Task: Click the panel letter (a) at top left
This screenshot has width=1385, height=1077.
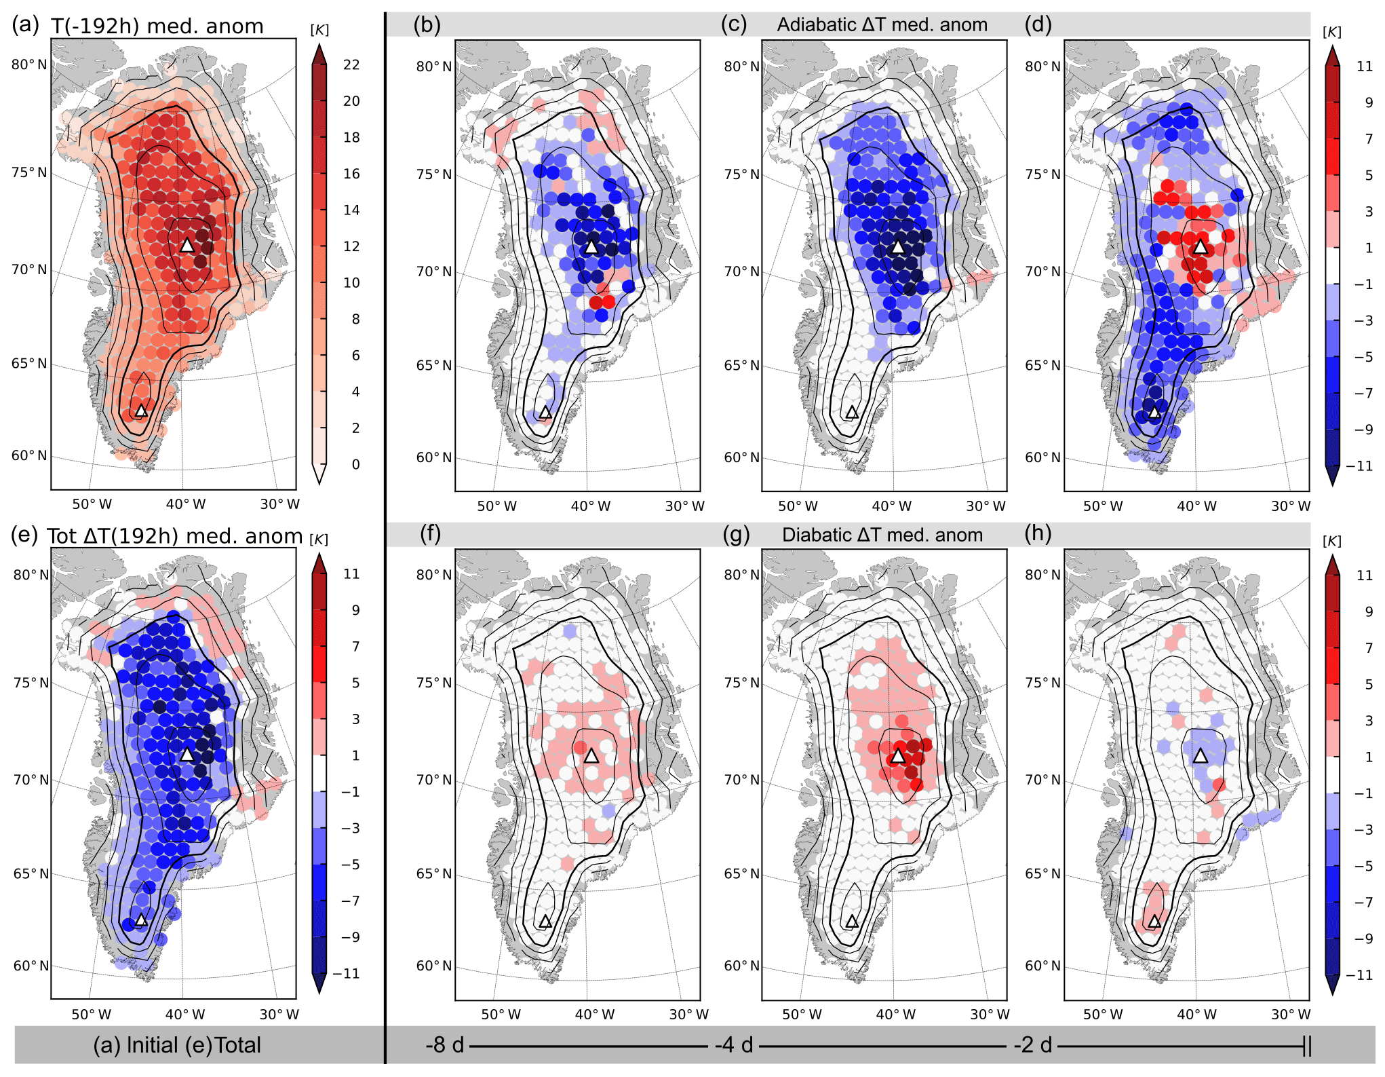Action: pyautogui.click(x=25, y=25)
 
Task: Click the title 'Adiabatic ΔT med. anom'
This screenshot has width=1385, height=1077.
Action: pyautogui.click(x=882, y=25)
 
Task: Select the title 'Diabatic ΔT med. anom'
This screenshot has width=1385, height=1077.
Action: pyautogui.click(x=882, y=535)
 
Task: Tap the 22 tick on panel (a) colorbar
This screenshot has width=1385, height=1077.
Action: pyautogui.click(x=351, y=64)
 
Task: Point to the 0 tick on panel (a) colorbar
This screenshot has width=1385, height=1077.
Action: pyautogui.click(x=355, y=465)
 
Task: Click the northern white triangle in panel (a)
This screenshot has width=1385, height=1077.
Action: pyautogui.click(x=187, y=245)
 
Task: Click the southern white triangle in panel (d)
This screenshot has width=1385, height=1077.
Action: pyautogui.click(x=1154, y=412)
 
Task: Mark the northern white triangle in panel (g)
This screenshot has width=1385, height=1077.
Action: pyautogui.click(x=898, y=755)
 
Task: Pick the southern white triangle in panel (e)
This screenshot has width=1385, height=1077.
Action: pyautogui.click(x=141, y=920)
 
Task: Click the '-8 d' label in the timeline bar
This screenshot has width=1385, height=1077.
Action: pyautogui.click(x=445, y=1045)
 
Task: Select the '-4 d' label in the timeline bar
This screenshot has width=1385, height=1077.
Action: pyautogui.click(x=734, y=1045)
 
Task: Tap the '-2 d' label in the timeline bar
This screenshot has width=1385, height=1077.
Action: pyautogui.click(x=1032, y=1045)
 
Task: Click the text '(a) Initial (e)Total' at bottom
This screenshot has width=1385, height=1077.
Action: pyautogui.click(x=177, y=1045)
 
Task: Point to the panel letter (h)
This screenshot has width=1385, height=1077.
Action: pyautogui.click(x=1038, y=533)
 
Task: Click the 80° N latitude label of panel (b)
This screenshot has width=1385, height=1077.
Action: pyautogui.click(x=433, y=67)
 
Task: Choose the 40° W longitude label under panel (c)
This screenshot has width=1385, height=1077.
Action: pyautogui.click(x=891, y=506)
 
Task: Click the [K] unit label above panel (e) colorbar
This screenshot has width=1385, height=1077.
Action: pyautogui.click(x=319, y=540)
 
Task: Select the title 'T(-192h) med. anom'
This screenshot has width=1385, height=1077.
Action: pyautogui.click(x=157, y=26)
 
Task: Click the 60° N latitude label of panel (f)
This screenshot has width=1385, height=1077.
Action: pyautogui.click(x=433, y=966)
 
